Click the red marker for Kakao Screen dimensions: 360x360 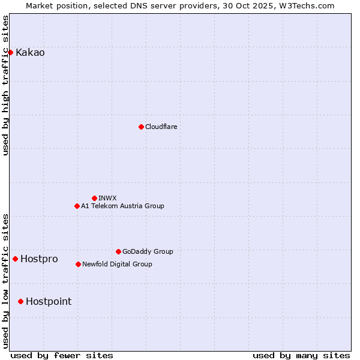click(x=10, y=52)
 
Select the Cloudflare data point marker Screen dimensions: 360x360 click(x=141, y=127)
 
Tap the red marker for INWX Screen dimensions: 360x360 click(x=94, y=198)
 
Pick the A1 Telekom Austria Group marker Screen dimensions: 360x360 click(x=77, y=206)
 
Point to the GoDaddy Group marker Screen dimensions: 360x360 click(x=118, y=251)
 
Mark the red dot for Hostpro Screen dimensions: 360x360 click(x=15, y=259)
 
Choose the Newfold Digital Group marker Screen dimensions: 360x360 click(x=78, y=264)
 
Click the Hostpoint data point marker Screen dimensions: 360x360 click(x=20, y=301)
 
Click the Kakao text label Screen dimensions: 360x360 click(x=30, y=52)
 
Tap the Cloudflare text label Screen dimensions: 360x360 click(x=161, y=127)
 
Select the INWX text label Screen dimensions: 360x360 click(x=107, y=198)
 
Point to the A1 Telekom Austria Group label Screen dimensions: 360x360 click(x=122, y=206)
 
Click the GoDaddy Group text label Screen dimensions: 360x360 click(x=148, y=251)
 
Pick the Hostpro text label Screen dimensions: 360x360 click(x=39, y=259)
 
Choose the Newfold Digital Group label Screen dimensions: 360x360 click(x=117, y=264)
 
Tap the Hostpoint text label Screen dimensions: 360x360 click(x=48, y=301)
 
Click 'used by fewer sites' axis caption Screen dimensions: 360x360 click(x=62, y=355)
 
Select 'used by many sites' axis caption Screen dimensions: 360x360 click(x=301, y=355)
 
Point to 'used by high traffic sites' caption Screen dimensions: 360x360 click(x=6, y=85)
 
